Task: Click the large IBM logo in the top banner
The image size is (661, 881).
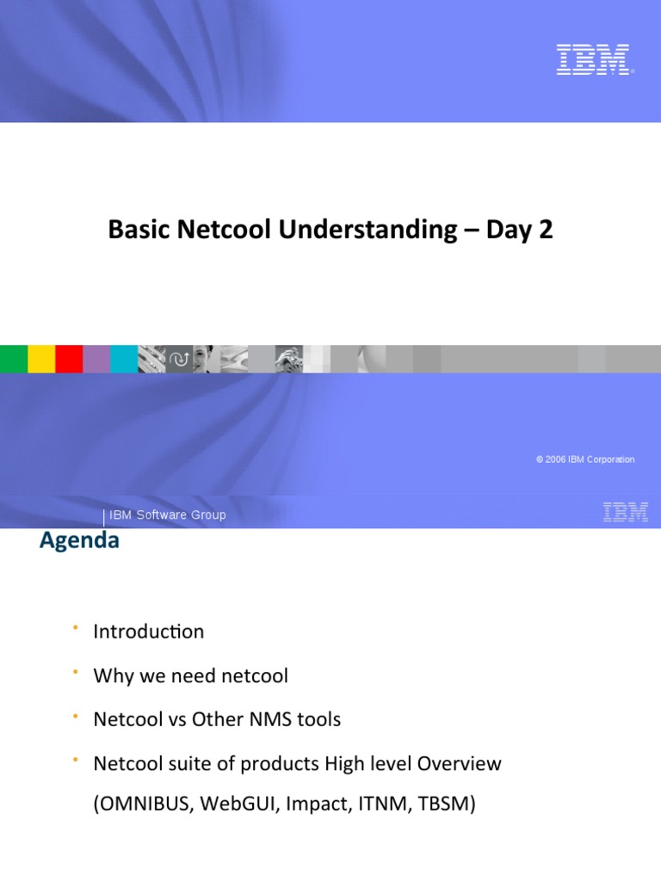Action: point(594,59)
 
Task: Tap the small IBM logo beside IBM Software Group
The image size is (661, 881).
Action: point(626,513)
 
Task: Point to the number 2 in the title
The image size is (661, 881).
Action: point(546,230)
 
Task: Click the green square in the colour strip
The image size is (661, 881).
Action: point(14,359)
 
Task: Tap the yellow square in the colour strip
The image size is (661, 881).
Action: point(41,359)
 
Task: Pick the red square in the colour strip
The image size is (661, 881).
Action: point(69,359)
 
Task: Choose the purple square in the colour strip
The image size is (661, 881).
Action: point(96,359)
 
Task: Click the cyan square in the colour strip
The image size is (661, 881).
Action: point(124,359)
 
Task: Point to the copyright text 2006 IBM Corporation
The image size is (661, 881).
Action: point(585,459)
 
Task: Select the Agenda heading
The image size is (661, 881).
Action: point(79,541)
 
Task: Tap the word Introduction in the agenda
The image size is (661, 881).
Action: point(149,631)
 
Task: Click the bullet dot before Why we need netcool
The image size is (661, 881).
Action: point(76,670)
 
